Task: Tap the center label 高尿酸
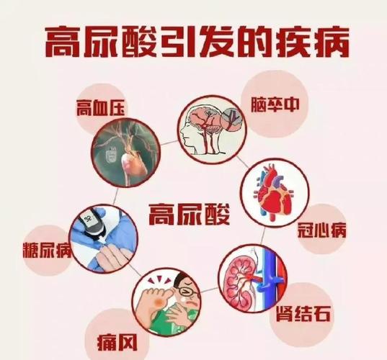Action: [189, 214]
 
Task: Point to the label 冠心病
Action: [322, 231]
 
